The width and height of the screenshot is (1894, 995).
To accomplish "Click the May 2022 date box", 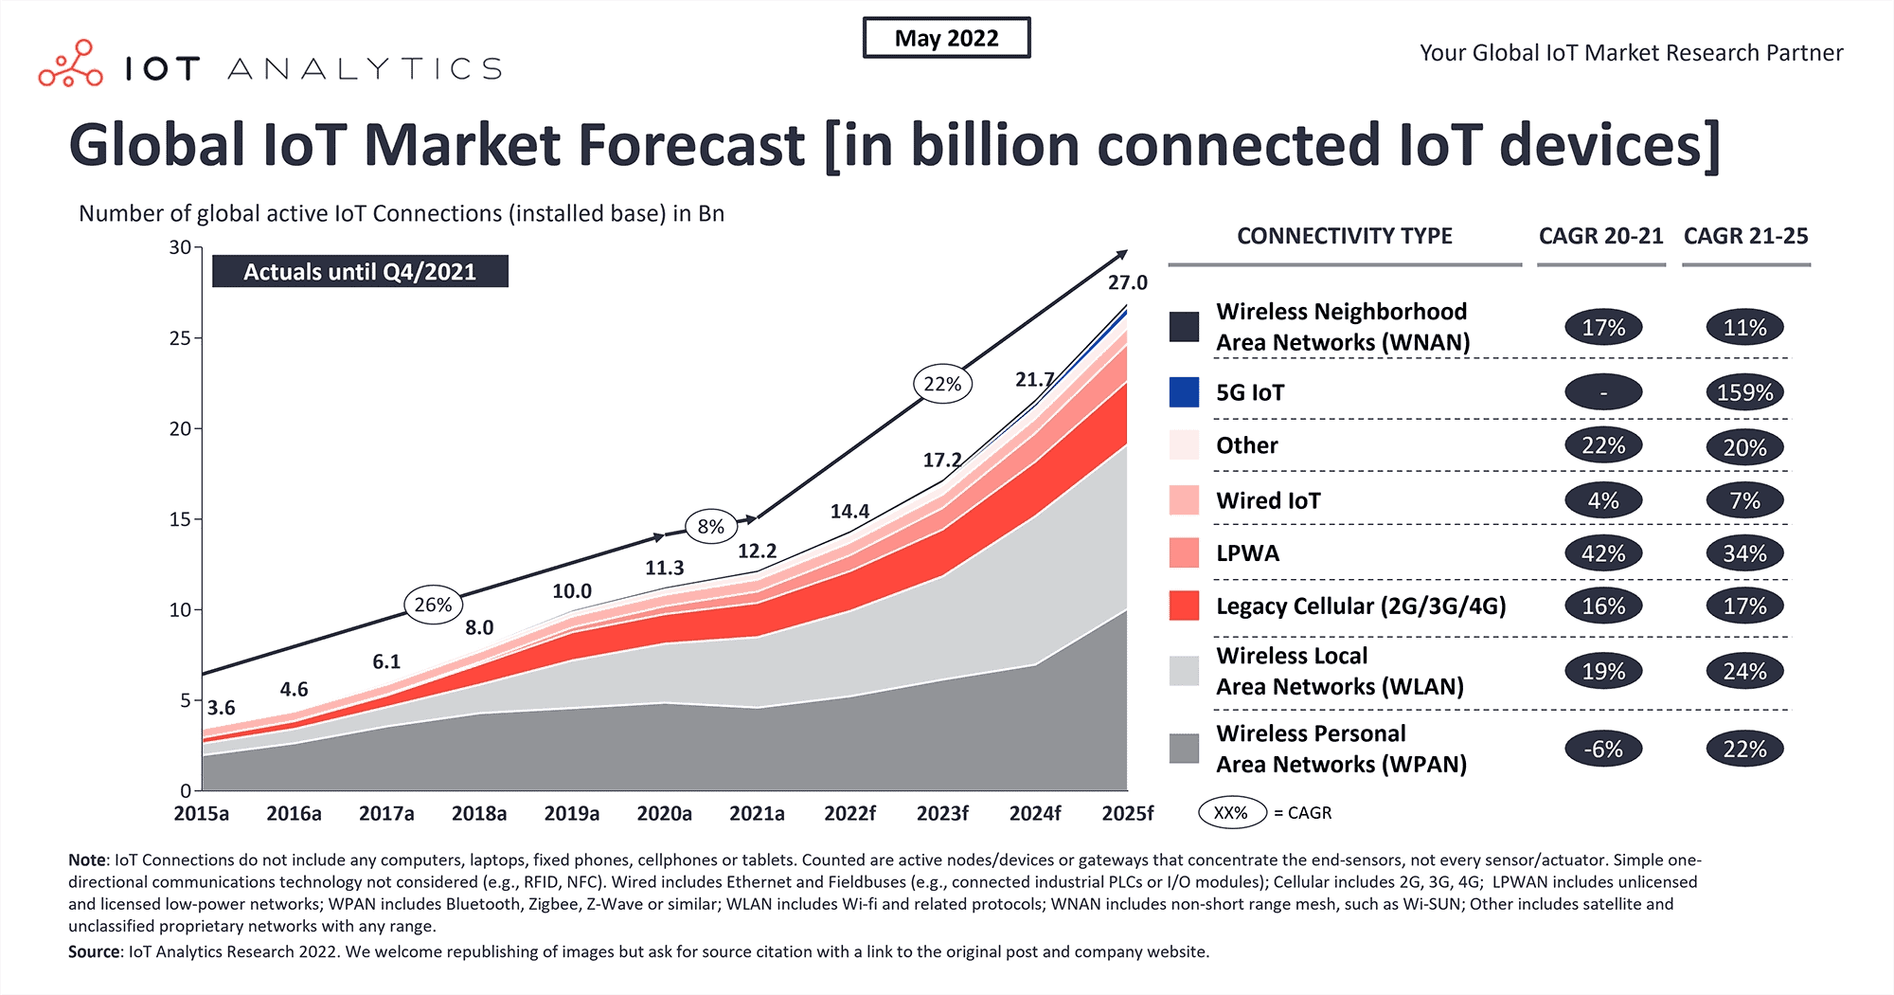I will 946,38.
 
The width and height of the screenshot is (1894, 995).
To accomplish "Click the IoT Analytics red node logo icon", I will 70,64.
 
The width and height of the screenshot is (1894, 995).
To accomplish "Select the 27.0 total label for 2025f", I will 1127,282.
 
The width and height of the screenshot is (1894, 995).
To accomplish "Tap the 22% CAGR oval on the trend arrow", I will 942,384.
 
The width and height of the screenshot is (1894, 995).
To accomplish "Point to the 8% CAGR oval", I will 710,526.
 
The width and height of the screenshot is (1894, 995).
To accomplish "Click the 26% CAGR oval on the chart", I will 433,605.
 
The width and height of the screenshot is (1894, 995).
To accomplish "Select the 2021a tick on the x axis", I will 757,813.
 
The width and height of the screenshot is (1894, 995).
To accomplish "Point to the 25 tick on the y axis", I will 180,338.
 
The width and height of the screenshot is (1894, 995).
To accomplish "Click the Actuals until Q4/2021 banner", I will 360,272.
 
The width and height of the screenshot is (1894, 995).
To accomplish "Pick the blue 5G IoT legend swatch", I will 1184,392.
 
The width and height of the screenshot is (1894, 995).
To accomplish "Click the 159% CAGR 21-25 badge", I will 1744,392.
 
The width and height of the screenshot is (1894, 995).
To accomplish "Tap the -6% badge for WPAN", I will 1602,749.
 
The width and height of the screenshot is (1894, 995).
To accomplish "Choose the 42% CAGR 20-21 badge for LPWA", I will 1602,553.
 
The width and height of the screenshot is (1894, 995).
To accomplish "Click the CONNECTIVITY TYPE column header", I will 1344,236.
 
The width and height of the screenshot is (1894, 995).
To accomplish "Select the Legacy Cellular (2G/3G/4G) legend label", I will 1360,606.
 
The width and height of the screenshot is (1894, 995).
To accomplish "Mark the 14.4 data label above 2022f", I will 849,512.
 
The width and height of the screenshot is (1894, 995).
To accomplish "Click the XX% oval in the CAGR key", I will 1231,813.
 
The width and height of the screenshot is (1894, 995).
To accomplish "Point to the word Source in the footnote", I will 94,951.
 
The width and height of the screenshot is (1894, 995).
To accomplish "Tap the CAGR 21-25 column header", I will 1745,236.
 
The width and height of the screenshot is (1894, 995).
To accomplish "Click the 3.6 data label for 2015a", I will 222,708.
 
